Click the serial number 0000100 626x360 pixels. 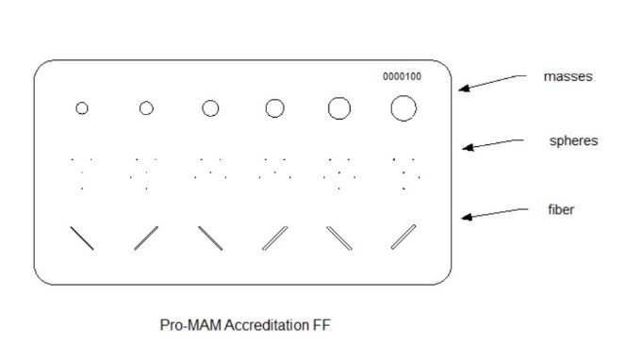point(402,77)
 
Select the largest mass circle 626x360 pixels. point(403,108)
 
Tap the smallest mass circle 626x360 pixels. point(82,108)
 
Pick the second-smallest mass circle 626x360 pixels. point(146,108)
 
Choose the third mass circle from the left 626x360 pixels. point(210,108)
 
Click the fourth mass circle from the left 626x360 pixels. point(274,108)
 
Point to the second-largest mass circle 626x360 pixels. point(338,108)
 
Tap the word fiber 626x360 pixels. point(561,210)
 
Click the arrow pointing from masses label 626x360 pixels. point(492,82)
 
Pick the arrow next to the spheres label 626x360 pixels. point(492,143)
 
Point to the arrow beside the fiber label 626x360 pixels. point(492,214)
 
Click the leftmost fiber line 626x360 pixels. point(82,237)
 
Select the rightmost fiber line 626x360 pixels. point(404,237)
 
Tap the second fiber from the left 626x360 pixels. point(146,237)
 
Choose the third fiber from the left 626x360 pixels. point(210,237)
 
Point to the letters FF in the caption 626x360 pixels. point(323,325)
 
